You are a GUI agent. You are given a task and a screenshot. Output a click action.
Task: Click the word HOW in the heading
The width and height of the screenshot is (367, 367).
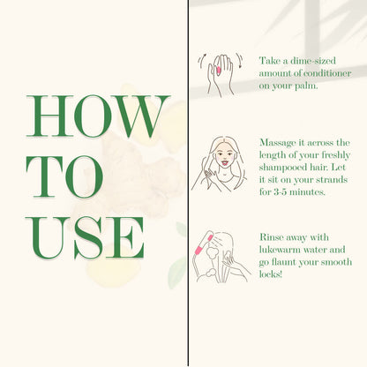tap(98, 116)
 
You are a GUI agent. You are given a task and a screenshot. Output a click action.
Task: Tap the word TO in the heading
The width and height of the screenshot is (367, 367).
tap(64, 176)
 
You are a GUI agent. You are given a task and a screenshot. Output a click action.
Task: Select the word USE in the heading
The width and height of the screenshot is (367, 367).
tap(85, 237)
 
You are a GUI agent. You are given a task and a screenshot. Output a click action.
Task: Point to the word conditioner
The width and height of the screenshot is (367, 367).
tap(327, 73)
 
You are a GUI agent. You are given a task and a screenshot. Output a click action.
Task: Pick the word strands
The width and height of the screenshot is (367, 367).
tap(333, 180)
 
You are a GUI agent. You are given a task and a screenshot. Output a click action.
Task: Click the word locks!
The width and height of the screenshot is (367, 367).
tap(271, 274)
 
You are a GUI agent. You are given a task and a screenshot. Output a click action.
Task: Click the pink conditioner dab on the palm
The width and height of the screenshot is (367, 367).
tap(219, 71)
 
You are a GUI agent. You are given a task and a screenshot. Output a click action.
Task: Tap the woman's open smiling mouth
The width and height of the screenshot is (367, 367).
tap(224, 162)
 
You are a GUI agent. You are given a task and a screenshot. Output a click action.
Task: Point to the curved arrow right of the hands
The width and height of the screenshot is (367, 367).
tap(240, 61)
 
